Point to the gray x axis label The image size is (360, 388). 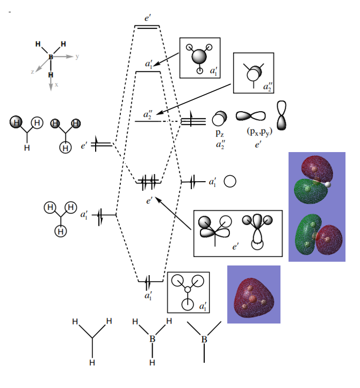point(56,85)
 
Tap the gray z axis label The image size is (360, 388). point(33,71)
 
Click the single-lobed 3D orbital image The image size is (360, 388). point(254,294)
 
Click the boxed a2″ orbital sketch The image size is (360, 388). point(254,73)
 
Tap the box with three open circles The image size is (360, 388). point(189,292)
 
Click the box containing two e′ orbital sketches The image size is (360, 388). point(237,233)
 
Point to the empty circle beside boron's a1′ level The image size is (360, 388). point(230,182)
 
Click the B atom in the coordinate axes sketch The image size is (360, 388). point(51,56)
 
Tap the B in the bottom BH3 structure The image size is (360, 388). point(152,339)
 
